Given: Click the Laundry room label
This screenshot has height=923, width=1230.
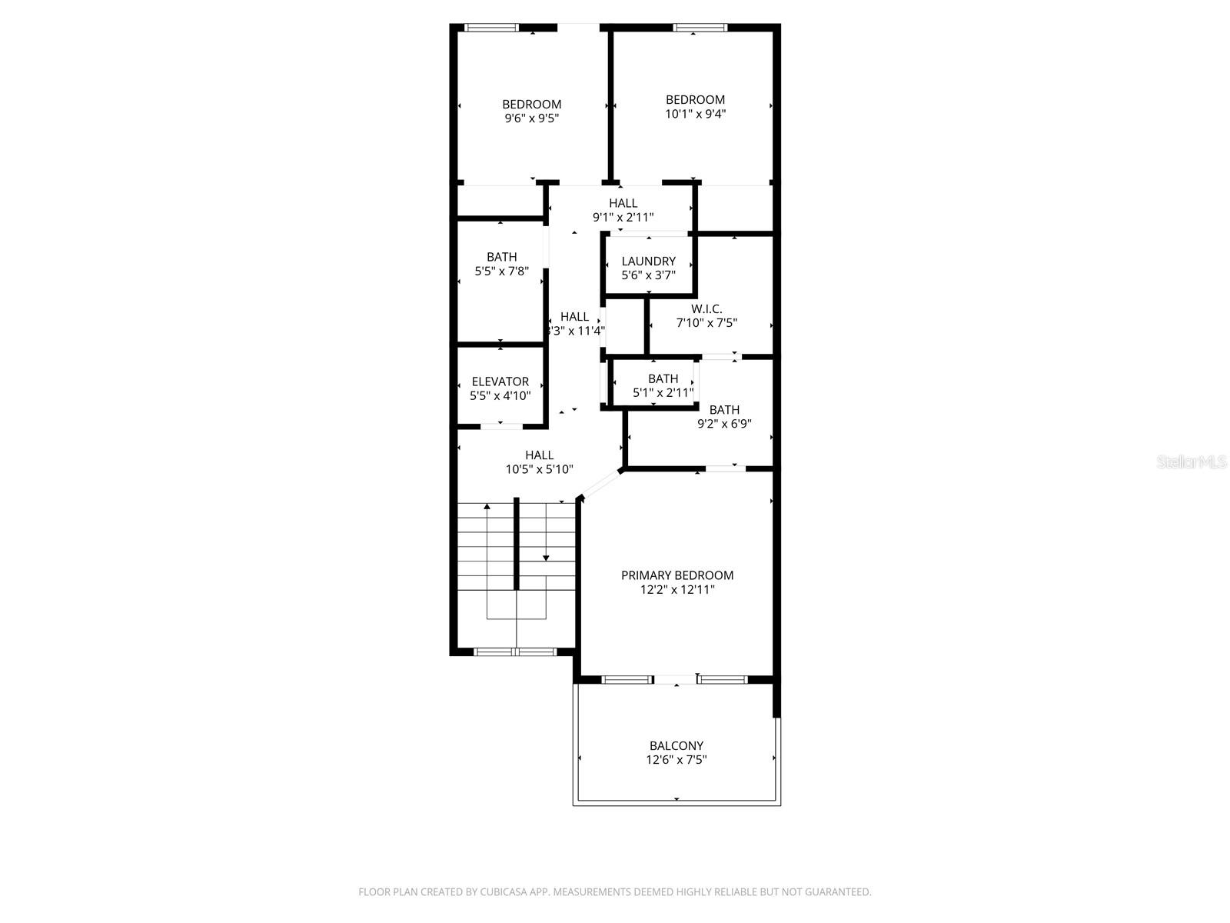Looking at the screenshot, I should pos(648,262).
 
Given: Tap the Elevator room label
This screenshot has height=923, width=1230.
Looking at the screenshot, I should pos(500,382).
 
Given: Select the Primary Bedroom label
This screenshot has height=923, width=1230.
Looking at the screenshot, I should pos(677,575).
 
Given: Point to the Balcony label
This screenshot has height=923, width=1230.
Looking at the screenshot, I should pos(676,745).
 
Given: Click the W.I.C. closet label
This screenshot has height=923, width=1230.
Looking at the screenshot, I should pos(706,309).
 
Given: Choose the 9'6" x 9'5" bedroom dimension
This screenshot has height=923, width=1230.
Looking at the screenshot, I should pos(531,118).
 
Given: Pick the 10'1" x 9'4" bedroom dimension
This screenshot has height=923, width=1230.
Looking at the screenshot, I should pos(695,114).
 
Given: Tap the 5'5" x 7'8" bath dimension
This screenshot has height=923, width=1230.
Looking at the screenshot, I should pos(501,271).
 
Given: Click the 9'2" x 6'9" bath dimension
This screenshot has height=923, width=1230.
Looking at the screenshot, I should pos(724,424).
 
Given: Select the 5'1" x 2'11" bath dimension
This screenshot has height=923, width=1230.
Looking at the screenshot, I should pos(663,393).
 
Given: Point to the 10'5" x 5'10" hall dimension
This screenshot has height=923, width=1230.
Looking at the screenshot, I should pos(539,469).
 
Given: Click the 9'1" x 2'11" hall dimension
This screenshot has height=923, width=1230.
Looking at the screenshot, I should pos(623,218).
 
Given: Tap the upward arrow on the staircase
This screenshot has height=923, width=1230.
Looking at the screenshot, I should pos(487,508).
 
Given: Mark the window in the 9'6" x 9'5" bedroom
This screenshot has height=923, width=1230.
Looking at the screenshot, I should pos(492,28).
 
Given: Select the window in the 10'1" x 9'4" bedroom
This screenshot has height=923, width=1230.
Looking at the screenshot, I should pos(700,28).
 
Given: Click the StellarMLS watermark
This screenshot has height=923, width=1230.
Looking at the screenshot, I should pos(1192,461).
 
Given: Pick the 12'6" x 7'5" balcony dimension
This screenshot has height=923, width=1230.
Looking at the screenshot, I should pos(676,760).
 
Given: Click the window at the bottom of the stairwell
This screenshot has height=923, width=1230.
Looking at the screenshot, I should pos(515,652).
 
